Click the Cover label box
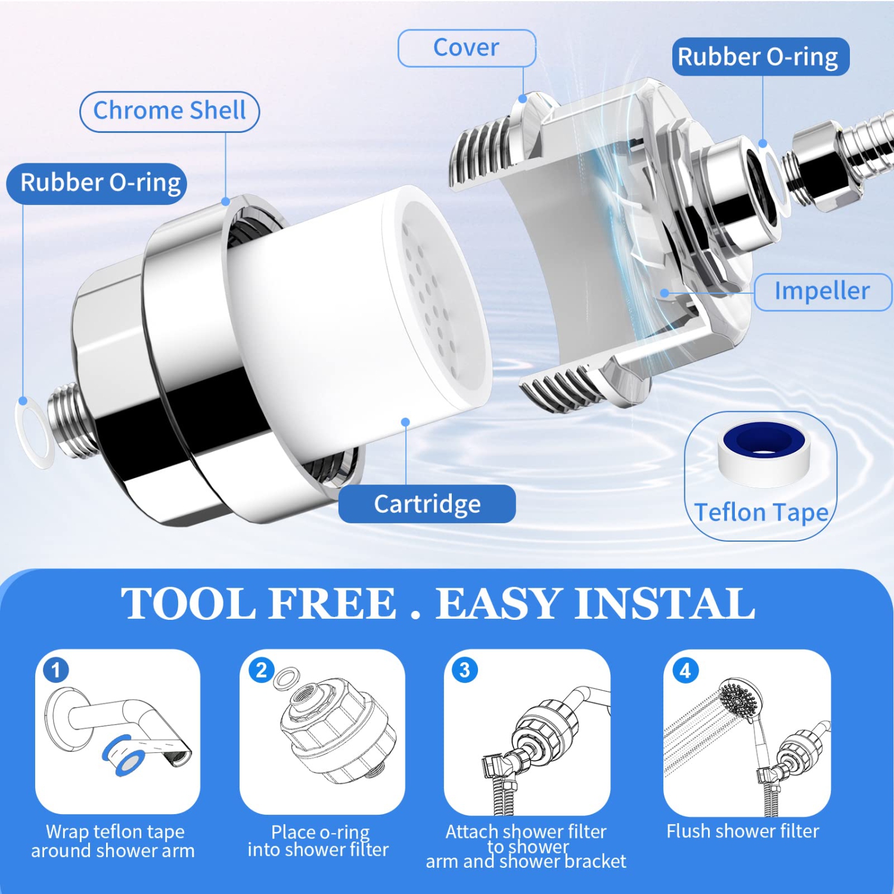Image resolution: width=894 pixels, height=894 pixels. [x=467, y=48]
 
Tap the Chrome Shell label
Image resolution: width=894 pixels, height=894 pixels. [x=170, y=111]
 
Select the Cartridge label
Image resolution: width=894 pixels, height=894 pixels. [x=427, y=504]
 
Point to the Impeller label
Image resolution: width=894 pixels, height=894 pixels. [x=822, y=291]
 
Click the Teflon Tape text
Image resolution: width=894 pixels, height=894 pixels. [x=762, y=513]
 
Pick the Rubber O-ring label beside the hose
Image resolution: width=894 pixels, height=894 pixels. [x=760, y=57]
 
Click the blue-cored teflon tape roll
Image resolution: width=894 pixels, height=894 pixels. [x=764, y=452]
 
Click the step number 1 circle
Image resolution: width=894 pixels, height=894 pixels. [x=56, y=670]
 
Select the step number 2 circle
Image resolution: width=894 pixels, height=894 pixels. [x=261, y=670]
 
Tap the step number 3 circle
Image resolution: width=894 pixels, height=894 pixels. [x=465, y=670]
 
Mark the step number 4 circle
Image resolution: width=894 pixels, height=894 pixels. [x=685, y=671]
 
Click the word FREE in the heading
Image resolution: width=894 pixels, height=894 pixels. [x=332, y=604]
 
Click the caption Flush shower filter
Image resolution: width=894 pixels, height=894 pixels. [x=743, y=831]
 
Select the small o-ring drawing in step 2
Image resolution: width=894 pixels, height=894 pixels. [x=286, y=679]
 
